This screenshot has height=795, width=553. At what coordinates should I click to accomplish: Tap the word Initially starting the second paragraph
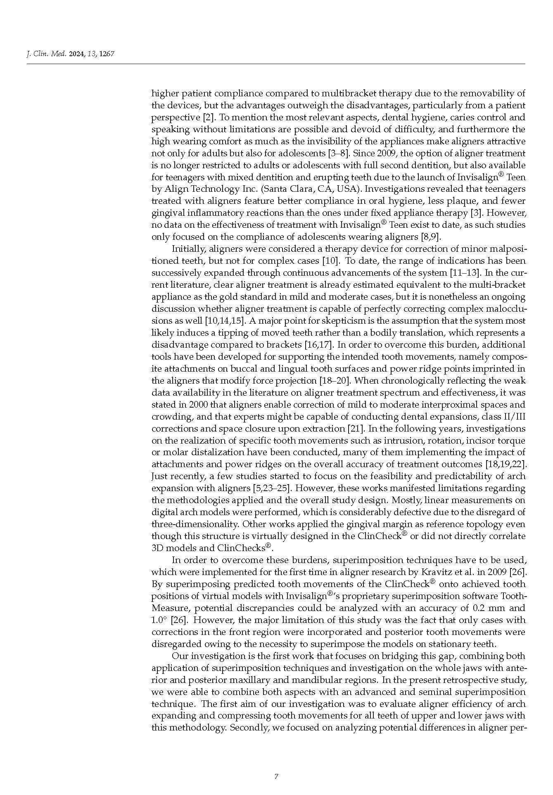click(189, 249)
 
